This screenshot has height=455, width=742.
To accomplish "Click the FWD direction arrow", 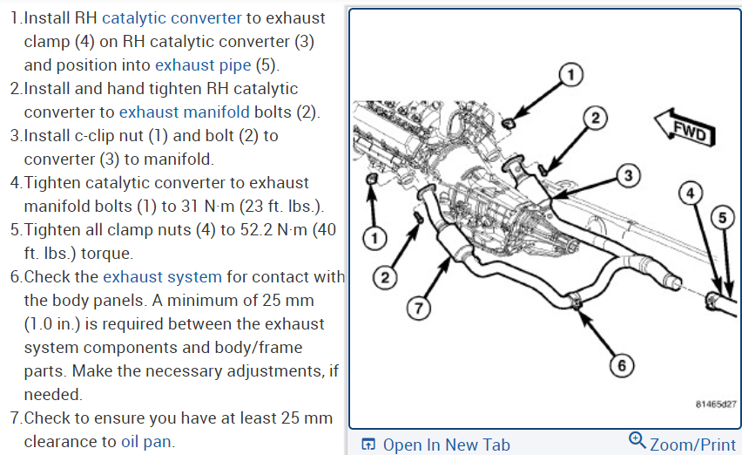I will point(685,127).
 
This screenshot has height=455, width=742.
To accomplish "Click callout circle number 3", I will point(629,176).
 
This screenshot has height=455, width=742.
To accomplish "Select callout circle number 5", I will point(721,218).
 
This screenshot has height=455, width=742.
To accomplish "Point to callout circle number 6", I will point(621,366).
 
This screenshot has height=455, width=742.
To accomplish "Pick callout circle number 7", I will point(420,307).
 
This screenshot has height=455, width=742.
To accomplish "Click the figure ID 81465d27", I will point(716,404).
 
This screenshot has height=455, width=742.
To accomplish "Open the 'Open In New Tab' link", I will point(446,445).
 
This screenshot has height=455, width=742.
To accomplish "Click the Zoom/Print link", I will point(692,445).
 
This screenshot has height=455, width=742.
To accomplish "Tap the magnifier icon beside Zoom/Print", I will point(637,441).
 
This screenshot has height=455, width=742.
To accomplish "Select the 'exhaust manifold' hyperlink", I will point(184,112).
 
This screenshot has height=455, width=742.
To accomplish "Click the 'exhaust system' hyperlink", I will point(162,277).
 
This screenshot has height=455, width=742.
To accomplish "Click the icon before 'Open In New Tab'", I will point(368,445).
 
